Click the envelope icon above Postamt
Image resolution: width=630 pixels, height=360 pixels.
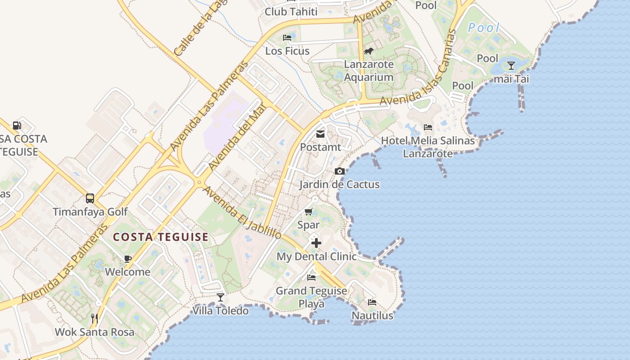tap(320, 134)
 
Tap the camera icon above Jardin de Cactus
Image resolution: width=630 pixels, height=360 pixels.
tap(340, 171)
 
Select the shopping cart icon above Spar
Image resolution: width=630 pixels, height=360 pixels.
tap(309, 211)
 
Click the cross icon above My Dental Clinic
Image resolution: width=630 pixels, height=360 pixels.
tap(316, 243)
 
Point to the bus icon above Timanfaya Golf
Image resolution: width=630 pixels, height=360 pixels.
tap(90, 198)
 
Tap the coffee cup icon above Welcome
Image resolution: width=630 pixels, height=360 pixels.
tap(128, 259)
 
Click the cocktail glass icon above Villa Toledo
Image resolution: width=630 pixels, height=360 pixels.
tap(220, 297)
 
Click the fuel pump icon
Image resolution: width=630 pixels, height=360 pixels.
tap(17, 126)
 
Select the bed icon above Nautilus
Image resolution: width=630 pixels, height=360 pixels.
tap(372, 302)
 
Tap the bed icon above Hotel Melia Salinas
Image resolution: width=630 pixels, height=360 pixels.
tap(428, 128)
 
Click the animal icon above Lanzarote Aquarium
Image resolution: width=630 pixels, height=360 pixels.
tap(369, 51)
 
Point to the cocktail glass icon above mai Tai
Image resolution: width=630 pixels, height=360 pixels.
tap(511, 66)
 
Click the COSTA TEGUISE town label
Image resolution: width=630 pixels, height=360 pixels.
tap(161, 237)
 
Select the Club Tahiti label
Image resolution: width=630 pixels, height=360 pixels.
tap(291, 12)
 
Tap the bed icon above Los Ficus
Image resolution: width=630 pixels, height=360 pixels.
tap(287, 38)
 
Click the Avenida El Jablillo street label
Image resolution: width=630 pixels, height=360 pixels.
tap(242, 212)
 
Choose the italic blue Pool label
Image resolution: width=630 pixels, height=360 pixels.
tap(484, 28)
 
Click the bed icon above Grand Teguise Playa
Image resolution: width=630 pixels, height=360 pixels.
tap(311, 278)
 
